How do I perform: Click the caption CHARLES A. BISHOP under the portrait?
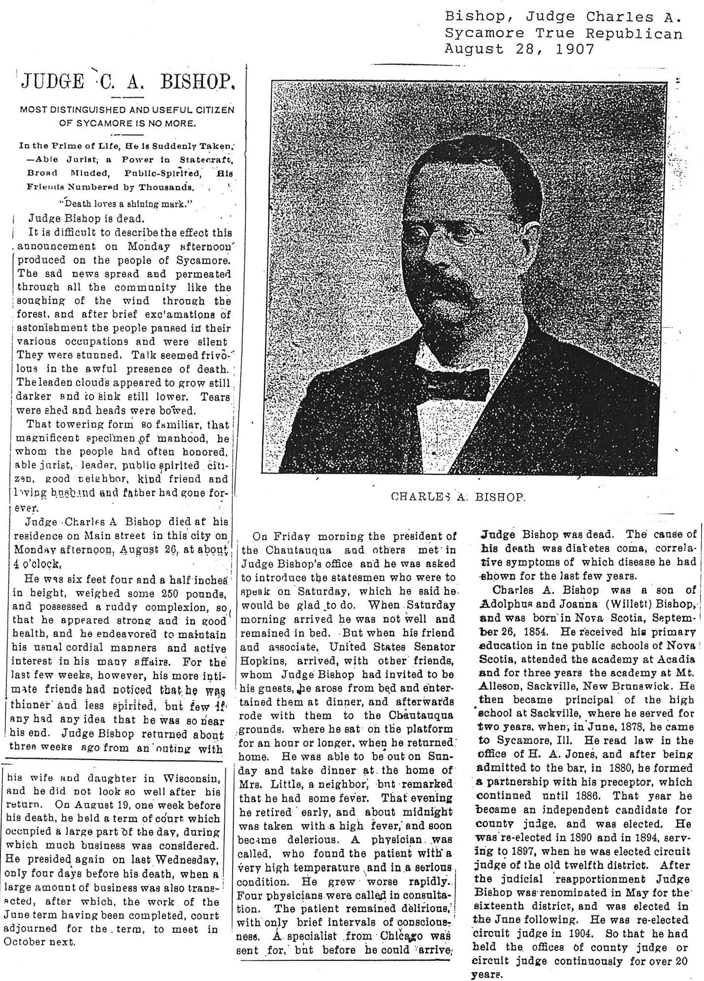coord(458,497)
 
